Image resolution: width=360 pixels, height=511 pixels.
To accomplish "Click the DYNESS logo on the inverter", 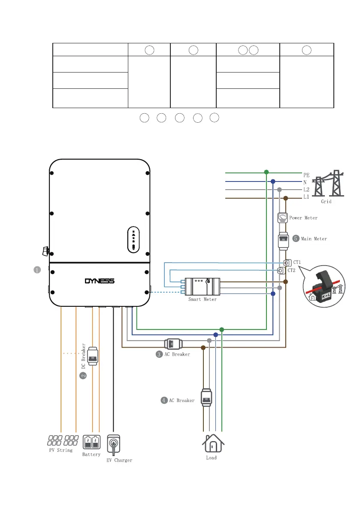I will coord(100,281).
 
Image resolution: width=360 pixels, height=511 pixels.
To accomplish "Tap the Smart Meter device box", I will coord(202,285).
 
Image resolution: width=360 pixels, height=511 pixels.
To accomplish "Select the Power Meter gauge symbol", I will coord(282,218).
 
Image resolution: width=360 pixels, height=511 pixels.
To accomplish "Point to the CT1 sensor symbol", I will coord(287,263).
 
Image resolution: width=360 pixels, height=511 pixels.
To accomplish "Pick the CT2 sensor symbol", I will coord(281,271).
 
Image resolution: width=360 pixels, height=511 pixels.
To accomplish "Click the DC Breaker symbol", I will coord(92,356).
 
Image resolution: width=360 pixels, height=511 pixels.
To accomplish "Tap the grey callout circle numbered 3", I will coord(159,354).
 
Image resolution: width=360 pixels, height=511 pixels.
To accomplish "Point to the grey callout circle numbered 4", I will coord(164,400).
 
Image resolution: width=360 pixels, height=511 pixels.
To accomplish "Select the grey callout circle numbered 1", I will coord(37,270).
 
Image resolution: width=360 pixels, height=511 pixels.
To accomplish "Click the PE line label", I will coord(306,175).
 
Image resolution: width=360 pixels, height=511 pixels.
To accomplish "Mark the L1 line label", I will coord(306,197).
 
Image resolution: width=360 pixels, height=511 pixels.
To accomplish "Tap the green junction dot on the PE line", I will coord(266,172).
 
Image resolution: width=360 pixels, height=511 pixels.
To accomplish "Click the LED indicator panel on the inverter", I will coord(133,239).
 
